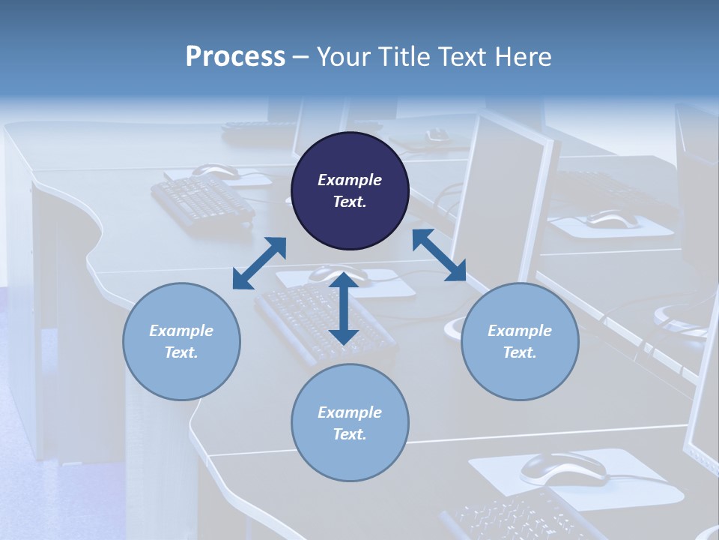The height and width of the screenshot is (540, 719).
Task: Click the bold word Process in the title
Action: tap(235, 57)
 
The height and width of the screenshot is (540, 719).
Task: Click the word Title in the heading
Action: tap(404, 57)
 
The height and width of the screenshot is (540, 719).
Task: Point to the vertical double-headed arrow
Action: tap(344, 308)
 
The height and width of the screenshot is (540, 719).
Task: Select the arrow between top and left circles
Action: tap(259, 263)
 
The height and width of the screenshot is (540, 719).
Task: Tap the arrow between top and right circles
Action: tap(439, 255)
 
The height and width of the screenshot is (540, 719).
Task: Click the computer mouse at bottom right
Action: tap(562, 468)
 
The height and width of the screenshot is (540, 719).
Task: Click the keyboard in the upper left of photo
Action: tap(202, 199)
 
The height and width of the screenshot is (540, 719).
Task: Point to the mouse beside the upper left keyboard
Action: tap(216, 172)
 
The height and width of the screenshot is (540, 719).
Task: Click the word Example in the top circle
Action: tap(350, 180)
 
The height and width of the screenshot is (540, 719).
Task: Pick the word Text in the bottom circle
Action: tap(348, 434)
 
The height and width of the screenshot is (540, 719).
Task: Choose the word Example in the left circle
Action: tap(181, 331)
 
